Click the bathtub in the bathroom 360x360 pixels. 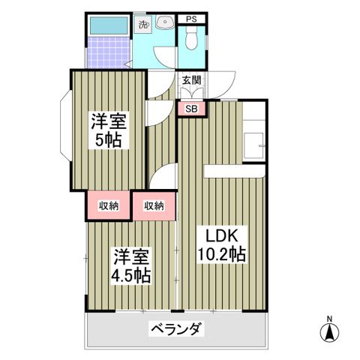[x=106, y=25]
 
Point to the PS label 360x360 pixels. [x=191, y=19]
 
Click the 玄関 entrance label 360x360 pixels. [x=191, y=79]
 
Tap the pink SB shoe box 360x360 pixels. [x=191, y=108]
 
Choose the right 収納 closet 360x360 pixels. [x=154, y=205]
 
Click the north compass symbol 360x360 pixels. [x=328, y=331]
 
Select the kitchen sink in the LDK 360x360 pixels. [x=257, y=143]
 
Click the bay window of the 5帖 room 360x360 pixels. [x=64, y=124]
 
